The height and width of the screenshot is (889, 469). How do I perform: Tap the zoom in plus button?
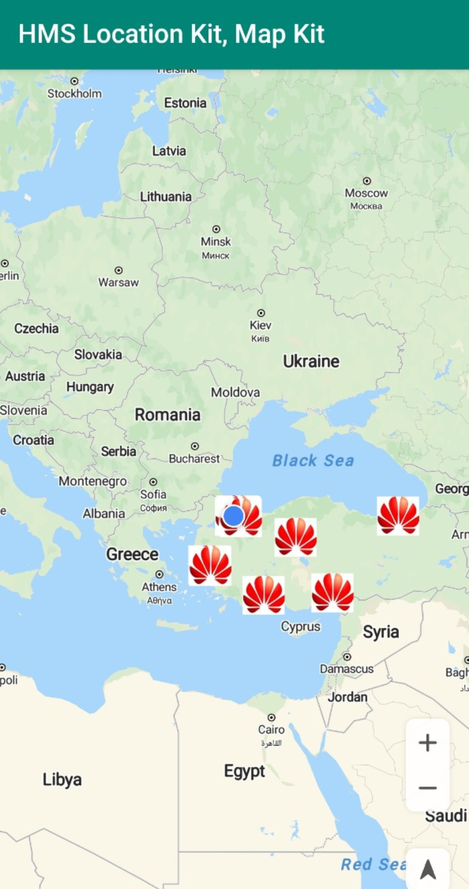[428, 742]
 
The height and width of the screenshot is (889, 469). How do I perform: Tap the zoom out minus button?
[428, 788]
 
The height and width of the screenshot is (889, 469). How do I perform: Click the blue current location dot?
[233, 516]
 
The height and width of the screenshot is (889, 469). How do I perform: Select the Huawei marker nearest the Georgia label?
[398, 516]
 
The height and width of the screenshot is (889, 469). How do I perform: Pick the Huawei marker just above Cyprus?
[264, 595]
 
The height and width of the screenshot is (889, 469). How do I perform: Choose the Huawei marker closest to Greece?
[210, 565]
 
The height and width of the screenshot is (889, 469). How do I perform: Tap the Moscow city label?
[366, 193]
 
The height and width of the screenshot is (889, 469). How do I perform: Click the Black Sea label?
[313, 461]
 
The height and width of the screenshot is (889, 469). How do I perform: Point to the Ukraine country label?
[311, 361]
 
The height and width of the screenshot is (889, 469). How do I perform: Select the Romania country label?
[168, 415]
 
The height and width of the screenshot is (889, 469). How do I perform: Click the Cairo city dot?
[271, 717]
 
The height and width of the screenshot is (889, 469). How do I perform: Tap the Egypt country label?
[244, 771]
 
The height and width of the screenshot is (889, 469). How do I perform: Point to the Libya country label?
[62, 780]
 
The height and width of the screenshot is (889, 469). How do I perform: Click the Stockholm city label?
[74, 93]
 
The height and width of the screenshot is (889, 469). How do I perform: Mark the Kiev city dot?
[261, 313]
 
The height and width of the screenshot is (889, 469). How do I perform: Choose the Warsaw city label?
[118, 282]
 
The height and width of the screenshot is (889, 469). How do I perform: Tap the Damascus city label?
[347, 669]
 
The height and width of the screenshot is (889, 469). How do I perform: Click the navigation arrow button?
[428, 869]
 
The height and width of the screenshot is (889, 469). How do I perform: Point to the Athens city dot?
[160, 575]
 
